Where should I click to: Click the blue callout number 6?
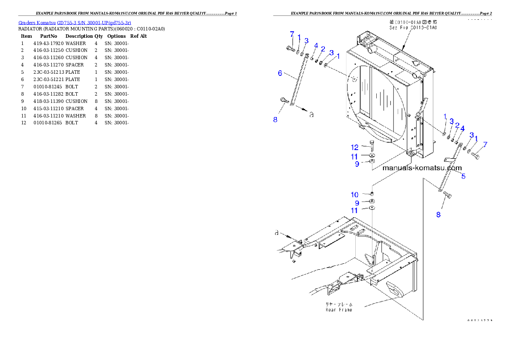click(x=280, y=73)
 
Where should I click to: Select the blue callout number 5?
click(x=463, y=176)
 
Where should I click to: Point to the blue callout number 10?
click(x=355, y=195)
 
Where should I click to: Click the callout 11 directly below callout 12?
click(x=355, y=156)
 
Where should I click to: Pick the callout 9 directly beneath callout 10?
click(x=357, y=203)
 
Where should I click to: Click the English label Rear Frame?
click(x=339, y=310)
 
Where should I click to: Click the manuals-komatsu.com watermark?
click(x=422, y=168)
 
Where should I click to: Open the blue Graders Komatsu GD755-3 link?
click(x=75, y=22)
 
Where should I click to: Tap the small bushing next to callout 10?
click(x=372, y=195)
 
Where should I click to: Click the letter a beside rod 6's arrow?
click(x=312, y=114)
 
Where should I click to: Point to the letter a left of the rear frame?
click(x=277, y=233)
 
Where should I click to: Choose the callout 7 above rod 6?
click(x=292, y=33)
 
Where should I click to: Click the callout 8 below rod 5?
click(x=438, y=214)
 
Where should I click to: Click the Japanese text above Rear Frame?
click(x=339, y=304)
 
